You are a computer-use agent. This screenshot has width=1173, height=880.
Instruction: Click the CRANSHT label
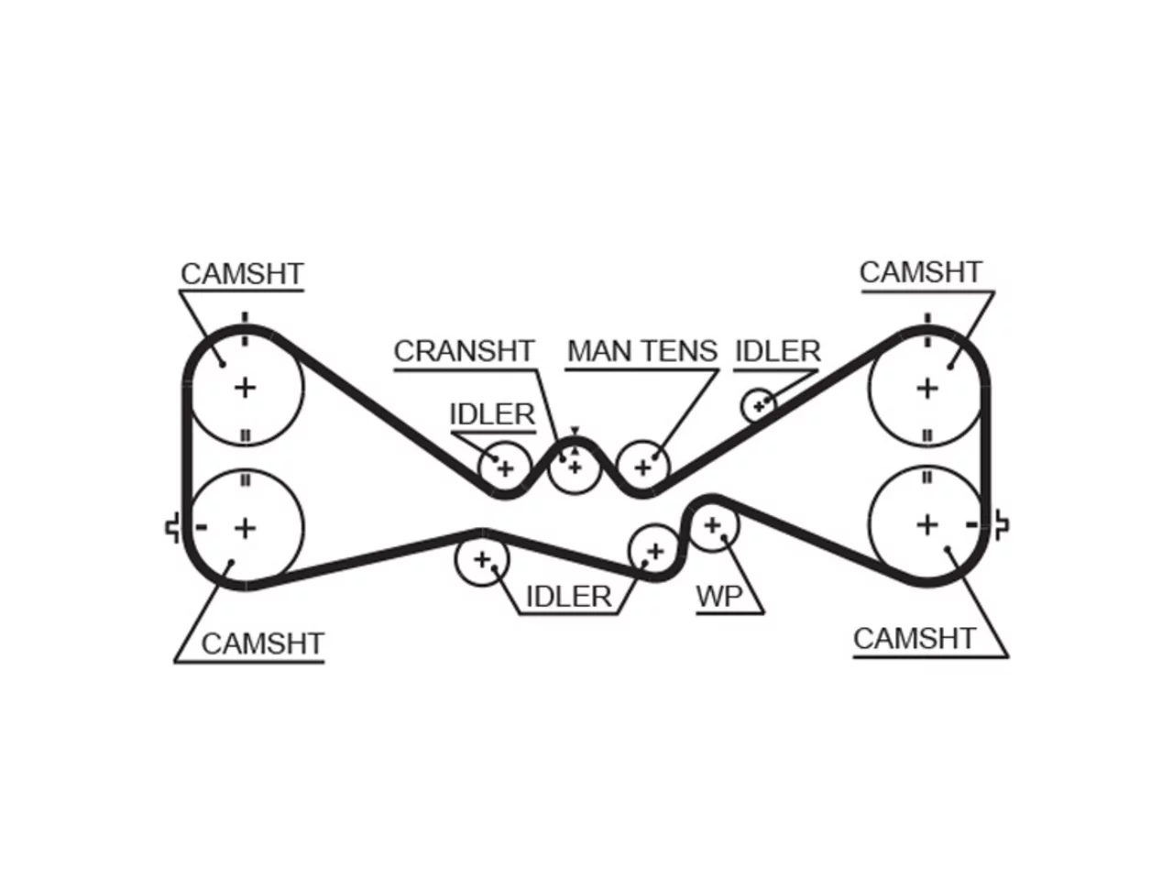pos(464,351)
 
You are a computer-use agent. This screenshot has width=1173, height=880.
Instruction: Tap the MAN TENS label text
pos(641,351)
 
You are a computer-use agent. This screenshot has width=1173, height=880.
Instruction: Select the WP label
pos(719,596)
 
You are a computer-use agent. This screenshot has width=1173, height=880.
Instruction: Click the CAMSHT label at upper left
pos(242,273)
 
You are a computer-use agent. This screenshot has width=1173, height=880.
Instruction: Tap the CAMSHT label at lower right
pos(915,639)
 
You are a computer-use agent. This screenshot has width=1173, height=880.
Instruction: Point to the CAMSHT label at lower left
pos(262,643)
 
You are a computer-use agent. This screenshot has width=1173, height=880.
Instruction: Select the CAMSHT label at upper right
pos(921,272)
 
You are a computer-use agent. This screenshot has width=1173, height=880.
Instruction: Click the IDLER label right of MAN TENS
pos(777,351)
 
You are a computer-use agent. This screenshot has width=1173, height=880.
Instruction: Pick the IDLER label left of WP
pos(568,596)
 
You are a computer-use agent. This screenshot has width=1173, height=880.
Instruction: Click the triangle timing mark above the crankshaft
pos(575,431)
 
